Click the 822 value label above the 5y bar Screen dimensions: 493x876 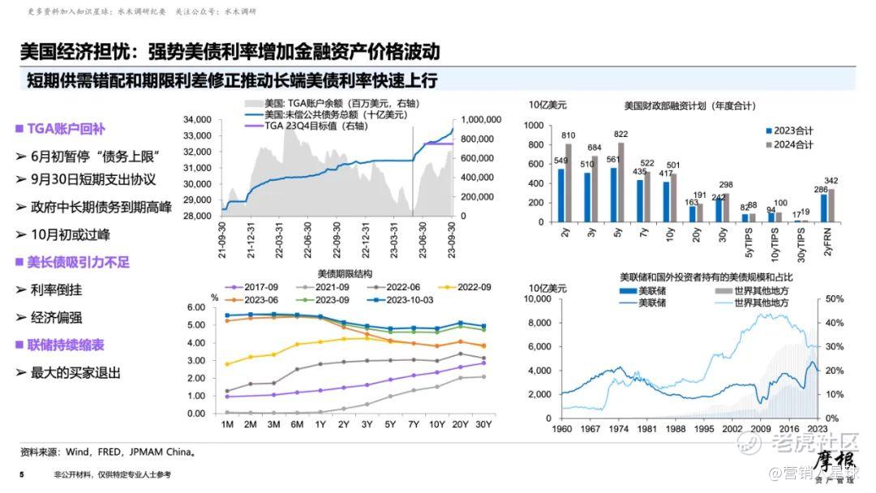click(620, 135)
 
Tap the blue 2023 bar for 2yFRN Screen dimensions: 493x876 click(824, 208)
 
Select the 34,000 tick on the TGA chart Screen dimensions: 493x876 click(198, 119)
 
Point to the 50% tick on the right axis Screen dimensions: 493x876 click(835, 298)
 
